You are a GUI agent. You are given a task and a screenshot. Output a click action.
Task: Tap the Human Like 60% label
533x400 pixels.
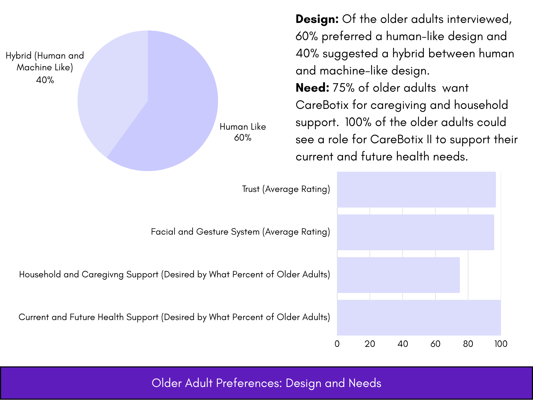243,132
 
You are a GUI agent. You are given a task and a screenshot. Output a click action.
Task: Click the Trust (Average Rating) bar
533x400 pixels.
416,189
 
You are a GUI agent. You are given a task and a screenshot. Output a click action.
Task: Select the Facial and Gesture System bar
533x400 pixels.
416,232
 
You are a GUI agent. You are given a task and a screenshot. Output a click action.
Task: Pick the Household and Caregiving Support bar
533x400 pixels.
398,275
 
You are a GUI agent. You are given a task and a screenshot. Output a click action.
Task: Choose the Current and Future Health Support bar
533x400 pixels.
419,318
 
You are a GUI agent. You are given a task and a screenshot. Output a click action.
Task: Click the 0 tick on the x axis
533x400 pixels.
337,344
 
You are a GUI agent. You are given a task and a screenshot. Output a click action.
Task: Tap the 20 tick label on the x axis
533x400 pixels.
370,344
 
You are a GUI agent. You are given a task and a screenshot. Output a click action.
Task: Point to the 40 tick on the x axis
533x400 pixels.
403,344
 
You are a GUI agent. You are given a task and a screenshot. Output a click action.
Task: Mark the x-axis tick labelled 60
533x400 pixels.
435,344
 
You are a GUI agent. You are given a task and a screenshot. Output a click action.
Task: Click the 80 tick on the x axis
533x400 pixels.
468,344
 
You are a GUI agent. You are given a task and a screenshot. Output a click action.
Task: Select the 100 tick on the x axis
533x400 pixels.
501,344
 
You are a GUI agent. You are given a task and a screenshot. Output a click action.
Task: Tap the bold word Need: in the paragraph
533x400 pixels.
312,88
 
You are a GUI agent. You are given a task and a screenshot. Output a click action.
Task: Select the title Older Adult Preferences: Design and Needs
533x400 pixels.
266,383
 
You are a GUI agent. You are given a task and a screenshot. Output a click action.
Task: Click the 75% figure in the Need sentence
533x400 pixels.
344,88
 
